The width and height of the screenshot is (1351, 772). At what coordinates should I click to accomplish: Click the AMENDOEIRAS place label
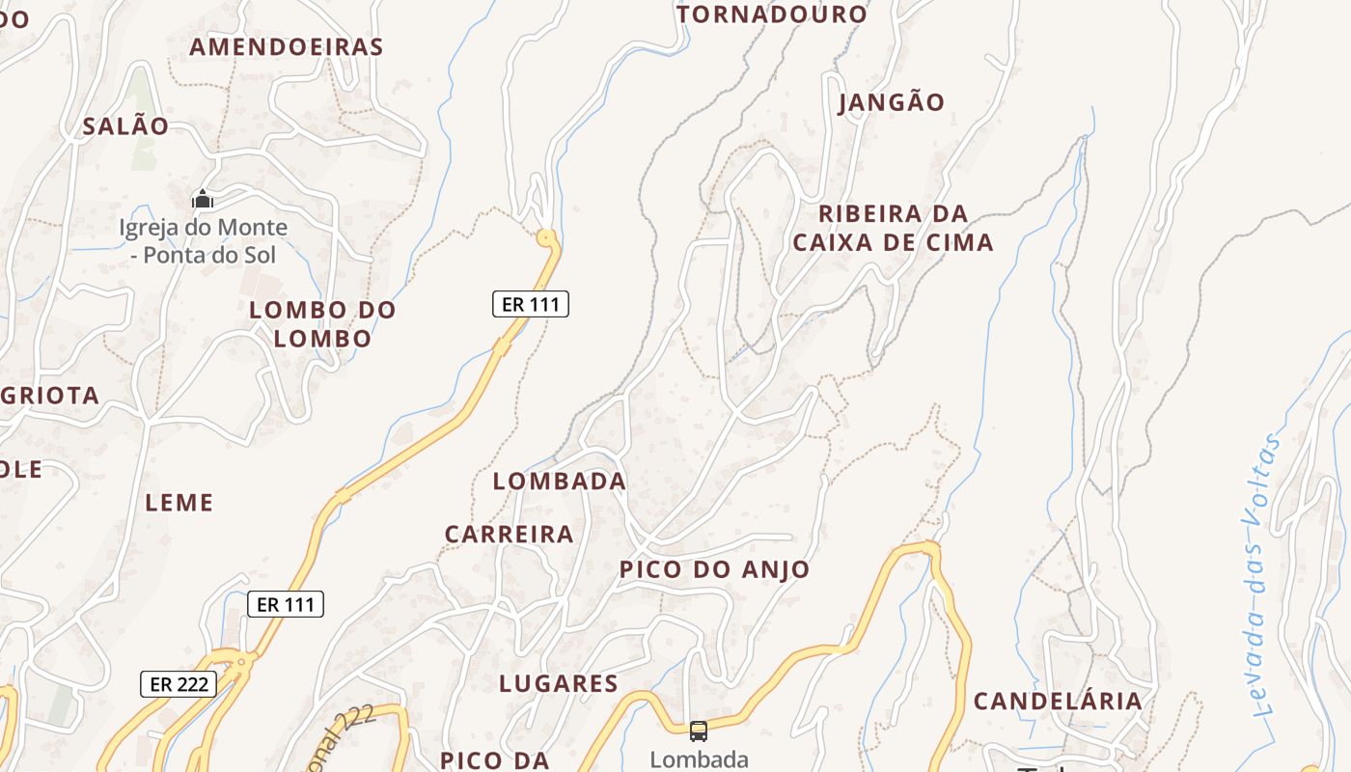pos(287,46)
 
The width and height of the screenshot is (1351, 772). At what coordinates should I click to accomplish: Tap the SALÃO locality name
pos(125,125)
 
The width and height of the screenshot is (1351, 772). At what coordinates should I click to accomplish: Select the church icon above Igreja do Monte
pos(203,200)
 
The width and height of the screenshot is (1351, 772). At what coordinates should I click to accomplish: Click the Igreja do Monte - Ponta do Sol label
pos(203,241)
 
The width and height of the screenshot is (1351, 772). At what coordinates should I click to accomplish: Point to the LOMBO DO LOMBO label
pos(322,324)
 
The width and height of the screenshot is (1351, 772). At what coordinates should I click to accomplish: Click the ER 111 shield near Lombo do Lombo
pos(531,304)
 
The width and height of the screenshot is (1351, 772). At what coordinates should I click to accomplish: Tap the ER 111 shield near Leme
pos(286,605)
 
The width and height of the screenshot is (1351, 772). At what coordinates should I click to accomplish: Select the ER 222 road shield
pos(179,684)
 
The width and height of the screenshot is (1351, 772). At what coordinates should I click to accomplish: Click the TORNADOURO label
pos(772,14)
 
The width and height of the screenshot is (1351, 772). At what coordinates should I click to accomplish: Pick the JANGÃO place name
pos(892,101)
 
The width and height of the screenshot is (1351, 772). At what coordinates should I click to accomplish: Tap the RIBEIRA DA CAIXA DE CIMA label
pos(893,228)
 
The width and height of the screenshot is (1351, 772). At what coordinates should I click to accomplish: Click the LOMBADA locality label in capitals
pos(560,481)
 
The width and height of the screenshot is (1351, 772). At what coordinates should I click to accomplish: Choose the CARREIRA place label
pos(509,534)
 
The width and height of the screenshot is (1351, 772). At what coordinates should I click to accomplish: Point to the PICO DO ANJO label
pos(714,569)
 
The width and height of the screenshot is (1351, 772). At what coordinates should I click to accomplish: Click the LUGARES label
pos(559,683)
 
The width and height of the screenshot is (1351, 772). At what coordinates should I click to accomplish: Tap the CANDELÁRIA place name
pos(1058,701)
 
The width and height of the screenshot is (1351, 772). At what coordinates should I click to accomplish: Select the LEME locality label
pos(179,502)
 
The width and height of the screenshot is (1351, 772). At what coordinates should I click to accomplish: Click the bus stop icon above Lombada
pos(698,731)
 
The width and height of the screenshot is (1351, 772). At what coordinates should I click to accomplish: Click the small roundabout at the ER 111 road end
pos(547,236)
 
